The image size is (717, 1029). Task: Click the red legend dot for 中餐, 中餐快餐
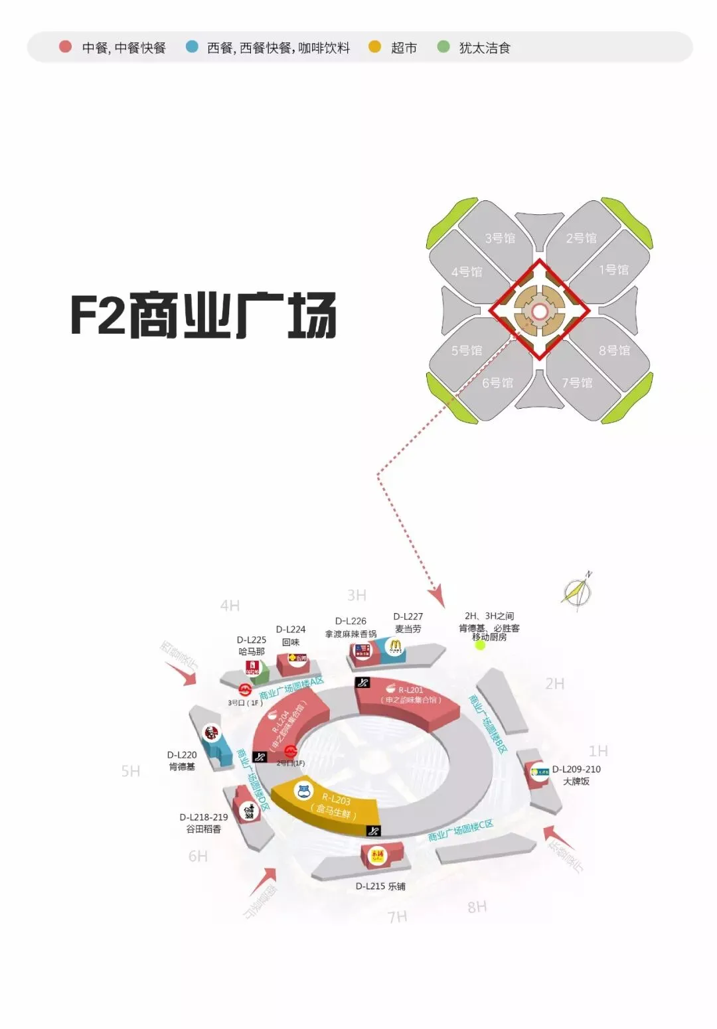[65, 46]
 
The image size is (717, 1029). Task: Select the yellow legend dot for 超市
[375, 46]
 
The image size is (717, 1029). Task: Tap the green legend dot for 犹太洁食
[443, 46]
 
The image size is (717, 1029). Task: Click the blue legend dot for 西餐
[192, 46]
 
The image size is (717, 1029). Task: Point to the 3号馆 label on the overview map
[499, 238]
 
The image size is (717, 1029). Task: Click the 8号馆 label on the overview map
[614, 350]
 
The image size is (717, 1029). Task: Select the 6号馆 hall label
[497, 383]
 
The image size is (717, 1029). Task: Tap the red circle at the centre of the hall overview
[540, 311]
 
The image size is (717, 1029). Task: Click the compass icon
[576, 590]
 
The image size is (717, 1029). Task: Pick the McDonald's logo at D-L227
[396, 646]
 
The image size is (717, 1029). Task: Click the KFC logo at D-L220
[210, 732]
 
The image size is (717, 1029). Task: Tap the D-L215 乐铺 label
[380, 886]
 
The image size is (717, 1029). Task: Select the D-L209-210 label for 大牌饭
[576, 770]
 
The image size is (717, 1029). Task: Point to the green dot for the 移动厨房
[480, 644]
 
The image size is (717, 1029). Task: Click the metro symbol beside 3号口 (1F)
[245, 689]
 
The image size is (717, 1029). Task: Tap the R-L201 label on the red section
[410, 690]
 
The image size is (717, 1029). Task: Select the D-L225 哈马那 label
[252, 646]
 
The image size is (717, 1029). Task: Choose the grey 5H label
[131, 771]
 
